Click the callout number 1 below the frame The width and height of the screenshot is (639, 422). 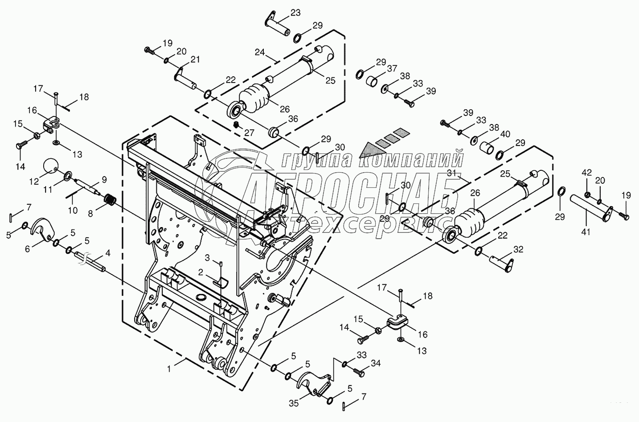click(168, 368)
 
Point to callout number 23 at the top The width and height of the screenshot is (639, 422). click(295, 13)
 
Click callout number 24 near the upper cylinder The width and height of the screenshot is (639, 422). click(260, 52)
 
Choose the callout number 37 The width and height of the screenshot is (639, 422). click(392, 68)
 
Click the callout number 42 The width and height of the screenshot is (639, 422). click(587, 172)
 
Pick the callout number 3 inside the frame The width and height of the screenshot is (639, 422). click(207, 257)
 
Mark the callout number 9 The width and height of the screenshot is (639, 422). click(104, 179)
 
